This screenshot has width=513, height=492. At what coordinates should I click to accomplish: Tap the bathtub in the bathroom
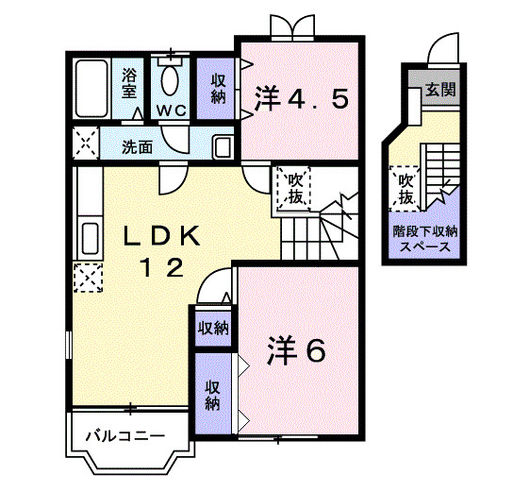coord(91,91)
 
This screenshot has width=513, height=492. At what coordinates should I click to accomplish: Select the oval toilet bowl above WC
coord(172,79)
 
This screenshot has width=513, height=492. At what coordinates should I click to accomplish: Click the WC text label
coord(171,111)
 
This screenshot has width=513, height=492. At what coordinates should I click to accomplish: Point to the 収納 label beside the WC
coord(217,87)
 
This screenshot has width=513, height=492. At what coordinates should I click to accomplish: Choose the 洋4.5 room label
coord(302,98)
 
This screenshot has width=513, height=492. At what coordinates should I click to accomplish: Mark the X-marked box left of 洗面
coord(87,146)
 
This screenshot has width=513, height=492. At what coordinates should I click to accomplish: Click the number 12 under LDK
coord(162,268)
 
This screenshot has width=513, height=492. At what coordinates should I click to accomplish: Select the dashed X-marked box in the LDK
coord(89,279)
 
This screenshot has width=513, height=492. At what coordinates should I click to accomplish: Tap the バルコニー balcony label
coord(125,437)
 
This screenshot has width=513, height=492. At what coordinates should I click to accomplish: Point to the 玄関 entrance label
coord(439,92)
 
